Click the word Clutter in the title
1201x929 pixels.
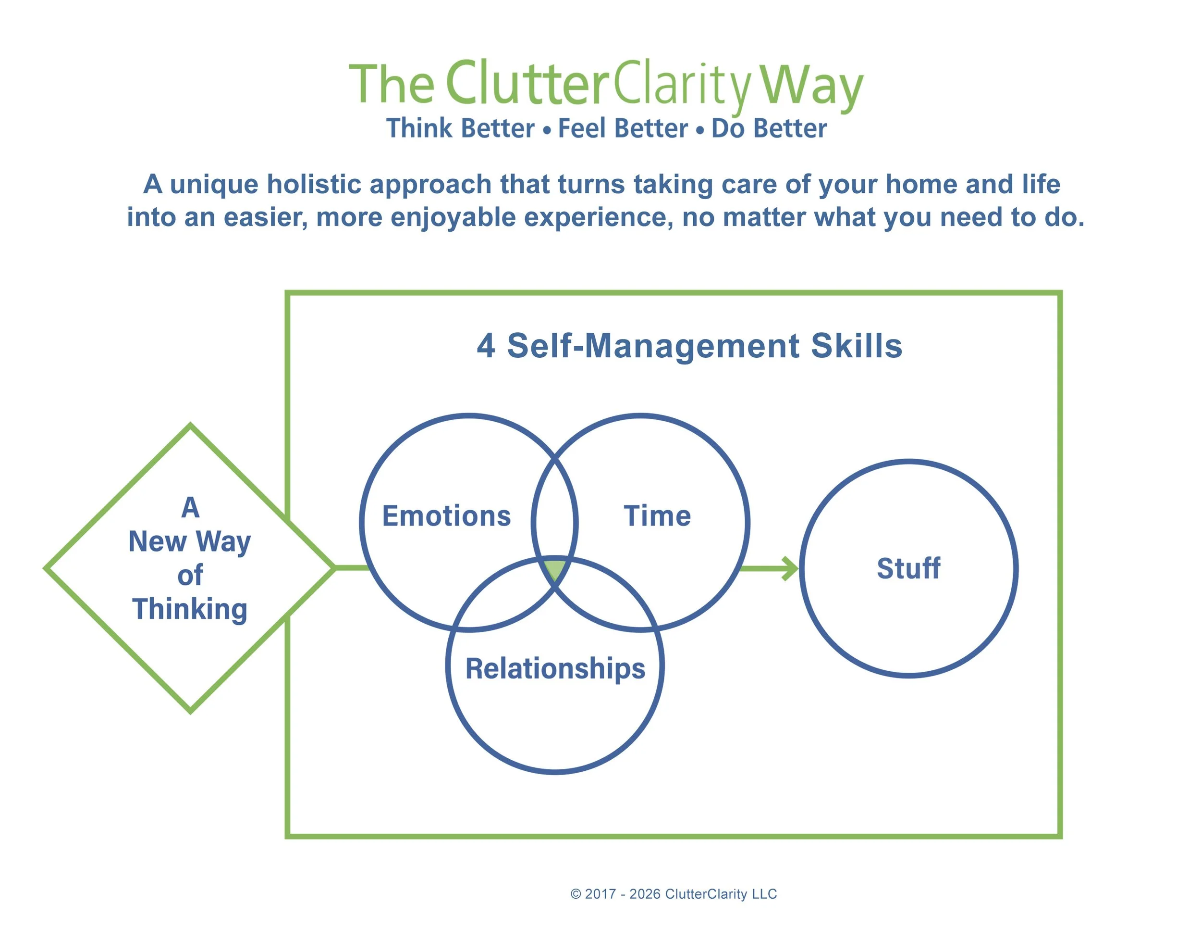coord(527,84)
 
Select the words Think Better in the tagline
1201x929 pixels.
coord(460,128)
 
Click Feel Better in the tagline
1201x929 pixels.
coord(623,128)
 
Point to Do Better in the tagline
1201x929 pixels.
coord(769,128)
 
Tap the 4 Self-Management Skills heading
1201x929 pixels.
coord(689,346)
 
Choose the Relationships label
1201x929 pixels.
coord(555,669)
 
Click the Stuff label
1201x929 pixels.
coord(908,568)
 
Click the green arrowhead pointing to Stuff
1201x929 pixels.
coord(790,568)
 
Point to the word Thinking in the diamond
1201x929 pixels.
coord(190,609)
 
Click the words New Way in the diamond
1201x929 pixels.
coord(190,541)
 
